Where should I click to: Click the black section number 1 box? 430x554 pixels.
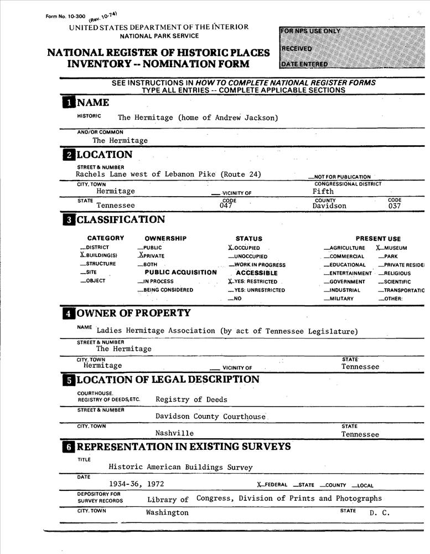click(x=69, y=103)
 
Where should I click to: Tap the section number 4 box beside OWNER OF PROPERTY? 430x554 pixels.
click(x=69, y=314)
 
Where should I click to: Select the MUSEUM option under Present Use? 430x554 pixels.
click(x=391, y=248)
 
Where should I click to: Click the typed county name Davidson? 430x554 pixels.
click(x=329, y=206)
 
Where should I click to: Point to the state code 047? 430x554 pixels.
click(x=227, y=206)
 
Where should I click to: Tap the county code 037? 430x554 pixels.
click(x=394, y=206)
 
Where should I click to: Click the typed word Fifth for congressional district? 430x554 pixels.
click(x=323, y=191)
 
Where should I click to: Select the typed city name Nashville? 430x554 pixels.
click(x=174, y=433)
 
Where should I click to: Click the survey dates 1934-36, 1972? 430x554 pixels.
click(x=136, y=484)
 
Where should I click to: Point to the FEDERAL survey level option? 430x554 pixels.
click(x=272, y=485)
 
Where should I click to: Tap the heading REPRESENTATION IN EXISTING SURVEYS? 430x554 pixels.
click(x=183, y=447)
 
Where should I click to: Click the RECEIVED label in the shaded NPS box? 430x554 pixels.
click(x=297, y=48)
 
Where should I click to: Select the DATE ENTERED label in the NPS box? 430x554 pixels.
click(x=304, y=64)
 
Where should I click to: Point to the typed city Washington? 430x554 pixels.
click(x=167, y=513)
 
